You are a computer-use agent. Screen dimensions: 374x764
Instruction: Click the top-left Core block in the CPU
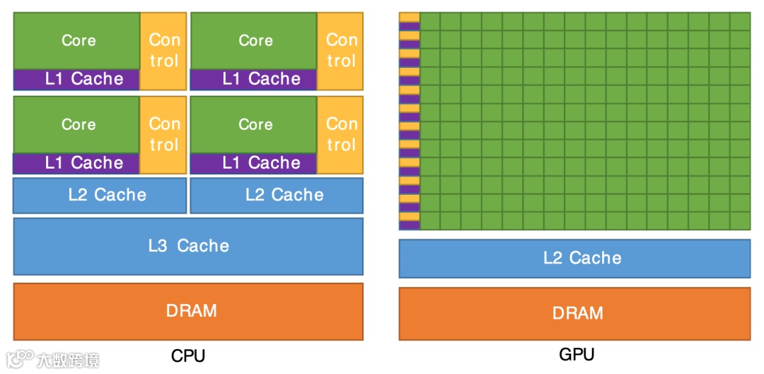pos(77,40)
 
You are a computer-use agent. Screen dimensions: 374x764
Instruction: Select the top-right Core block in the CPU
pos(254,40)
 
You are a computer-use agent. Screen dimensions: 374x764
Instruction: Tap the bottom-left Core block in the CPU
pos(77,125)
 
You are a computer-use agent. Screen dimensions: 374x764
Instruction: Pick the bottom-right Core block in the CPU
pos(254,125)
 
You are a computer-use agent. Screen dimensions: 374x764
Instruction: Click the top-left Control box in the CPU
pos(163,50)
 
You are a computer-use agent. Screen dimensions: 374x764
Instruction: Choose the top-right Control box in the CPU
pos(340,50)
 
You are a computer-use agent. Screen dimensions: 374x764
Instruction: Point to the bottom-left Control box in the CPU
pos(163,135)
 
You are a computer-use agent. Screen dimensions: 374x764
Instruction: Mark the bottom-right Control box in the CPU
pos(340,135)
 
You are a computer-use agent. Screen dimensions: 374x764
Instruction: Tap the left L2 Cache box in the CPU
pos(100,195)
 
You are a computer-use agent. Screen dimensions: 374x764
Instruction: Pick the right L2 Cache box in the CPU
pos(277,195)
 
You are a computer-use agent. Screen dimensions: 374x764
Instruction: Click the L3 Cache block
pos(188,246)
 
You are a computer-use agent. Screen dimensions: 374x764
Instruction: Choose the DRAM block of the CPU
pos(188,311)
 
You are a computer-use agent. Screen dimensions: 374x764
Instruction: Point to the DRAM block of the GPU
pos(574,313)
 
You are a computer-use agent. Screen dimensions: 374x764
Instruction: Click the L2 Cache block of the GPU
pos(574,258)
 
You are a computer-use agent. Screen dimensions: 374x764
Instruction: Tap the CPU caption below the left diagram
pos(188,356)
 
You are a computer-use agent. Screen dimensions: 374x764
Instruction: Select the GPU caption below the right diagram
pos(577,354)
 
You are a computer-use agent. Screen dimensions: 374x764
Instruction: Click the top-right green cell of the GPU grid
pos(740,21)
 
